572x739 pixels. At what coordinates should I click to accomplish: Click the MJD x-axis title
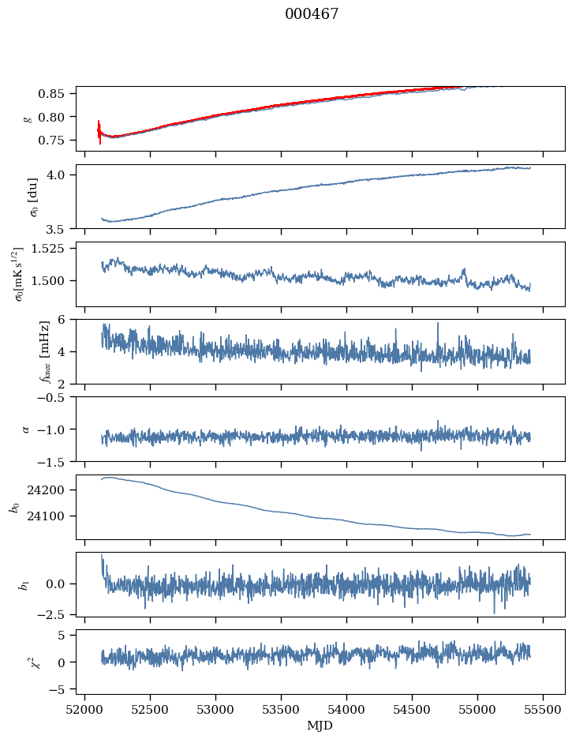point(320,726)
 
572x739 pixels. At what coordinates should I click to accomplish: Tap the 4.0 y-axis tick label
point(62,174)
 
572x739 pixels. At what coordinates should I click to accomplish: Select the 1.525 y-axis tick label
point(54,249)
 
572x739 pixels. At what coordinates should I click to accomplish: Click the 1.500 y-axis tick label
point(54,281)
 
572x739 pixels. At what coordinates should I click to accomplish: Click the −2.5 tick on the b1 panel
point(56,613)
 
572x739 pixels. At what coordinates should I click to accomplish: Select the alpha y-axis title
point(25,429)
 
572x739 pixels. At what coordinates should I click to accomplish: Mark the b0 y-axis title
point(13,506)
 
